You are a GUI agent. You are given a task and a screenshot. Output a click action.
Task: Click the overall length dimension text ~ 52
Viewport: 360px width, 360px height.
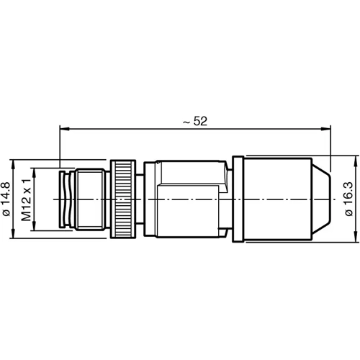tap(194, 122)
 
